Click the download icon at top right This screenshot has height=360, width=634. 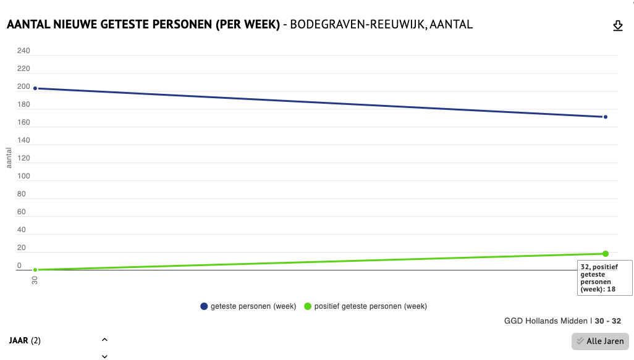tap(617, 25)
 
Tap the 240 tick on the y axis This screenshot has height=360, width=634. tap(23, 51)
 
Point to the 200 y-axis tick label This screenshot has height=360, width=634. tap(23, 86)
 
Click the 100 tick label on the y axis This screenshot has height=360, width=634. tap(23, 176)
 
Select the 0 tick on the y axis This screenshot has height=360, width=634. tap(19, 266)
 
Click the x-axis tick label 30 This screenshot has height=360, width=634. tap(35, 280)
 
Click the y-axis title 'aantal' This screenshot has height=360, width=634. tap(9, 157)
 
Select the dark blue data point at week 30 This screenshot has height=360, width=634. tap(35, 88)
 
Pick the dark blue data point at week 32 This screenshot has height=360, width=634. tap(606, 117)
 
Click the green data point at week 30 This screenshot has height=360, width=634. tap(35, 270)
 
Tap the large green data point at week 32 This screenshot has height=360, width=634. tap(606, 254)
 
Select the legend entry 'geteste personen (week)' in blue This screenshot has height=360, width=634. tap(248, 306)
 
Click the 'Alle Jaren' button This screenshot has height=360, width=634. tap(600, 341)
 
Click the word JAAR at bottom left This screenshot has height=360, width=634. tap(19, 340)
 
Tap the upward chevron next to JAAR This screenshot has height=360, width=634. tap(104, 340)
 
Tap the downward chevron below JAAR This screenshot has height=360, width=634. tap(104, 356)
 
